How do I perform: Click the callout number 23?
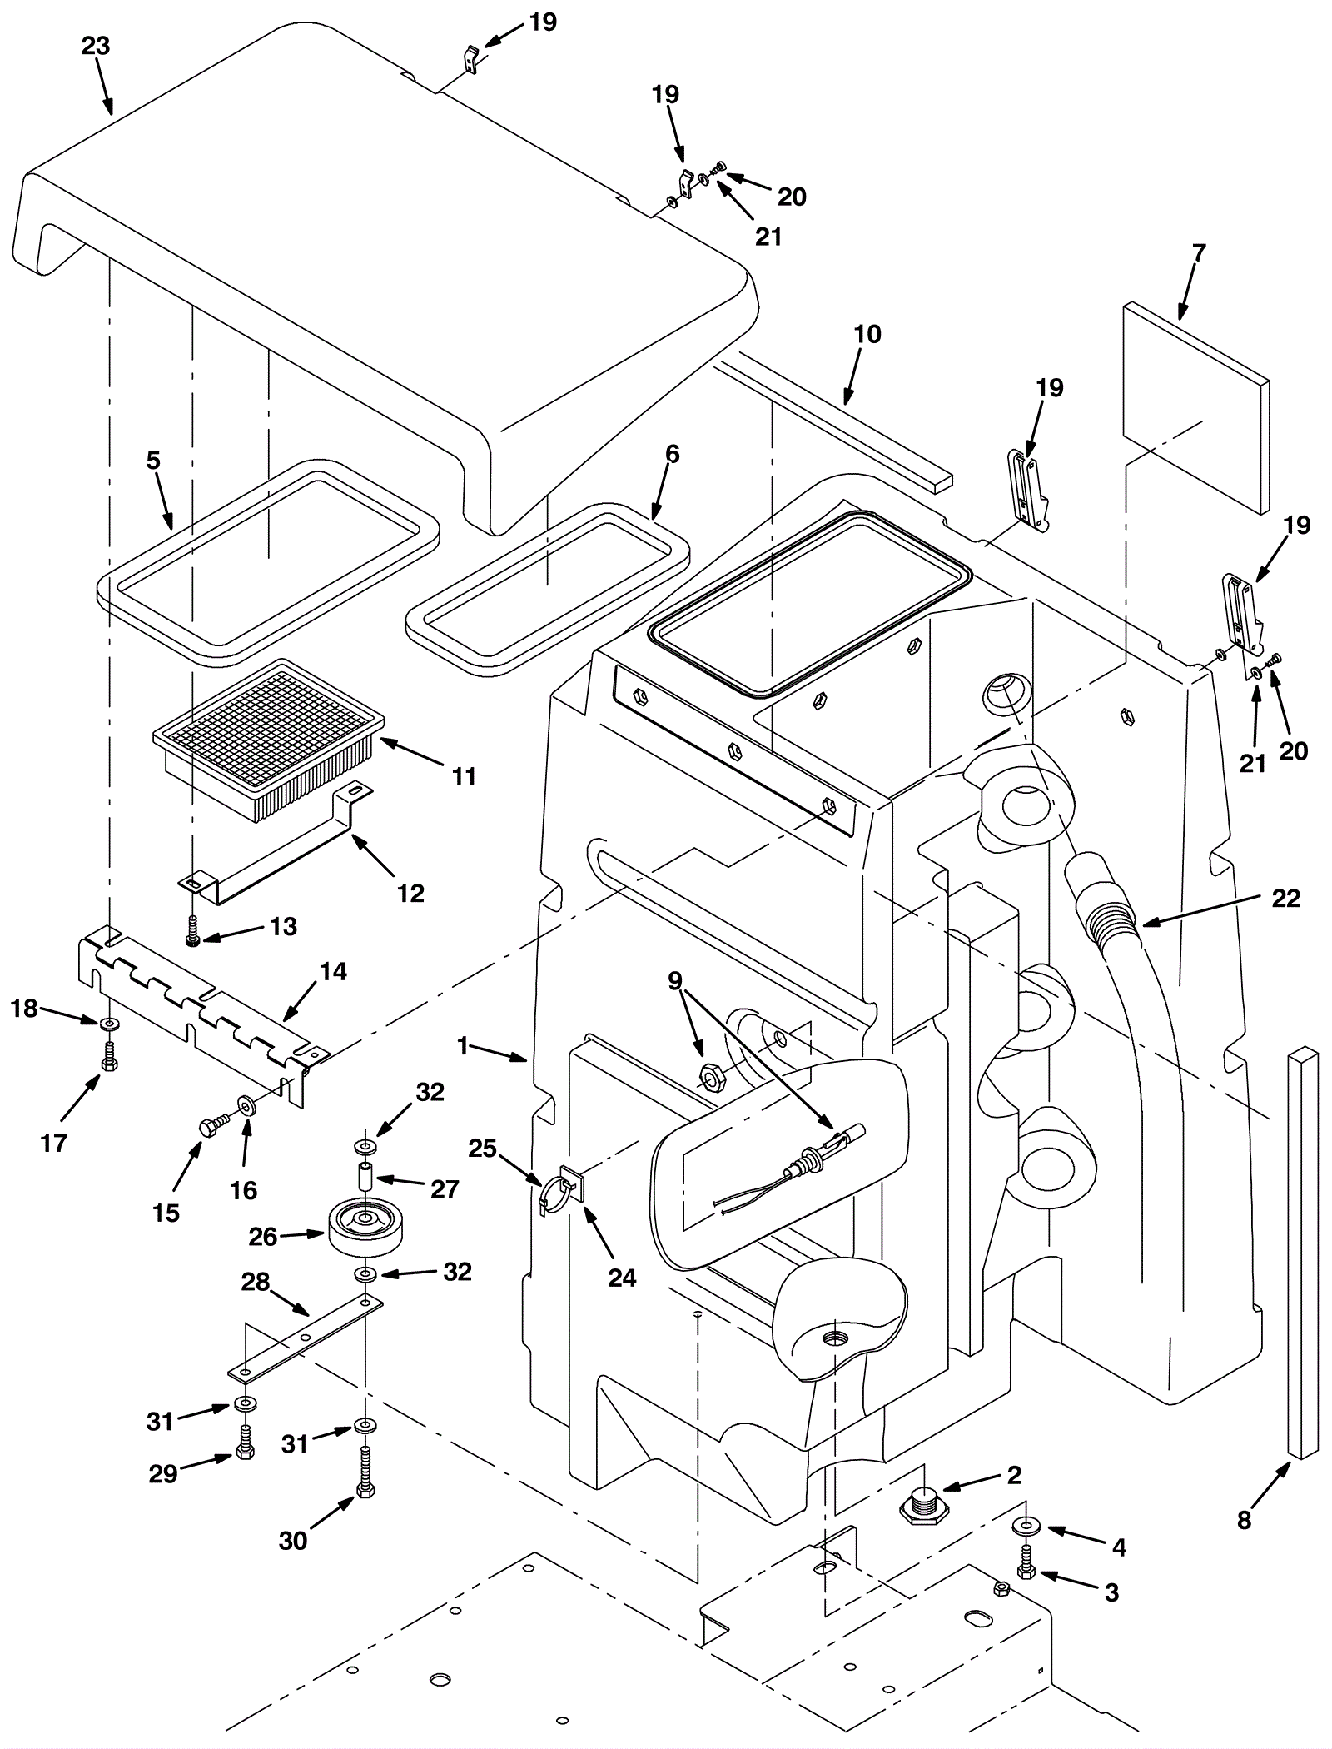[96, 47]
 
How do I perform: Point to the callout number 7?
[1198, 253]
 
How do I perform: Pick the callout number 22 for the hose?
[1285, 899]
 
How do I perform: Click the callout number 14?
[334, 971]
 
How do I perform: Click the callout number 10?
[867, 335]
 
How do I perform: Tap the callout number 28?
[256, 1282]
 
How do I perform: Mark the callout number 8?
[1244, 1521]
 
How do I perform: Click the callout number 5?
[153, 461]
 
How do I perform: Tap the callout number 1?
[464, 1046]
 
